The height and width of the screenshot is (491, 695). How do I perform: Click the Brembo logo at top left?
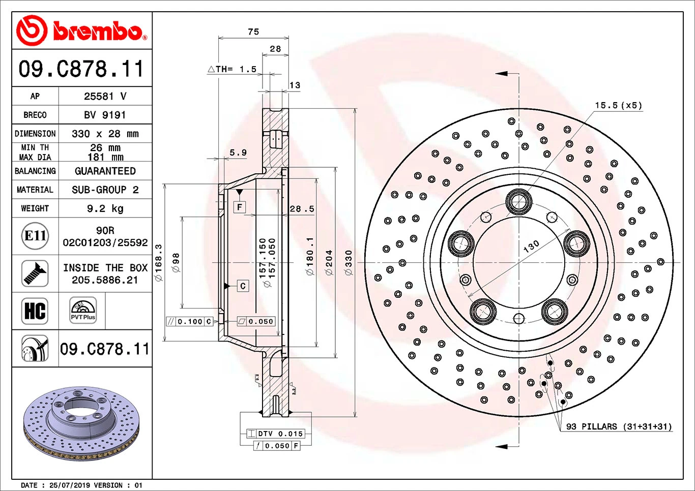(x=81, y=31)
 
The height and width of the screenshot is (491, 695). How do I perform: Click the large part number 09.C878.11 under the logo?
(x=81, y=69)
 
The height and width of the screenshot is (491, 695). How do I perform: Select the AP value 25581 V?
(x=105, y=96)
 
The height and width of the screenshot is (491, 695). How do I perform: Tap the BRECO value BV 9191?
(x=105, y=115)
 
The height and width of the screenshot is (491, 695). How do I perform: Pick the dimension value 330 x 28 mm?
(x=105, y=134)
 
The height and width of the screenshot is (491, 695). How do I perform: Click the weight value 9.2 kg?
(x=105, y=208)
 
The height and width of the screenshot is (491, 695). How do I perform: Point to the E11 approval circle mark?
(x=35, y=236)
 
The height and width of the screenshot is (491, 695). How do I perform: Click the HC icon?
(x=35, y=311)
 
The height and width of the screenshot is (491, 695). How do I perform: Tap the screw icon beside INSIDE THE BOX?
(x=35, y=273)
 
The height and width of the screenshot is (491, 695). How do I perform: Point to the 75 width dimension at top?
(x=253, y=32)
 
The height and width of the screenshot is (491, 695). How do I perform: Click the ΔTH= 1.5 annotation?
(x=233, y=69)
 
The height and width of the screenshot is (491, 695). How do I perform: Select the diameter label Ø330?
(x=349, y=262)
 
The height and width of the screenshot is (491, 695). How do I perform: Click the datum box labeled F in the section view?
(x=240, y=207)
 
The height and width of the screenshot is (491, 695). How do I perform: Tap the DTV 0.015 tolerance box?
(x=275, y=434)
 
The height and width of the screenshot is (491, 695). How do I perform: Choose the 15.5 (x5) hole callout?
(x=618, y=106)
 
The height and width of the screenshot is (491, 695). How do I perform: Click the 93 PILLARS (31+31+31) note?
(x=619, y=426)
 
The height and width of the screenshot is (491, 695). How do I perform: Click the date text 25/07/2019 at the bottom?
(x=70, y=485)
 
